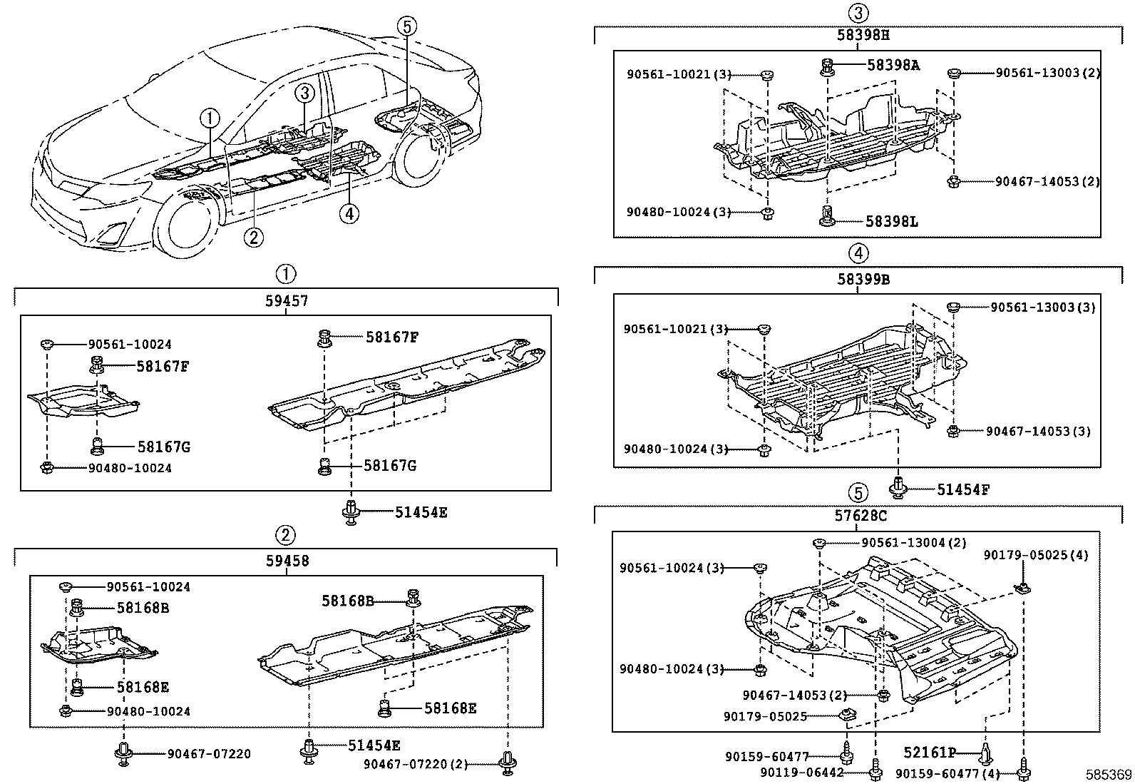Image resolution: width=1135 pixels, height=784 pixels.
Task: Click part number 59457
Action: coord(287,301)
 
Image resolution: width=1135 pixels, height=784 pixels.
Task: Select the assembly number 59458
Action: coord(287,561)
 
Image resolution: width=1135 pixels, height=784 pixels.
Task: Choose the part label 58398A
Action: coord(893,65)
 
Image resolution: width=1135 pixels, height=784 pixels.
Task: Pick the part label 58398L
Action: coord(892,222)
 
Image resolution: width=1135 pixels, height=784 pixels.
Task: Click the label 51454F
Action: coord(962,489)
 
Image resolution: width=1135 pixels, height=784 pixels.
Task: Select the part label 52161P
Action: coord(929,752)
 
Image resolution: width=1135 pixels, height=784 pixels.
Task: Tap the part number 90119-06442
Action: coord(801,773)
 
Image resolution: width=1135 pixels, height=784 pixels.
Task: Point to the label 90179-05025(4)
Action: coord(1036,555)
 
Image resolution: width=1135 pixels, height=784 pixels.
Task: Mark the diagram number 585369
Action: coord(1109,775)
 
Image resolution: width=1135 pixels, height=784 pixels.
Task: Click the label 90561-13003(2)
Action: coord(1047,73)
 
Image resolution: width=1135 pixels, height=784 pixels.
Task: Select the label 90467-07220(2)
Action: coord(415,764)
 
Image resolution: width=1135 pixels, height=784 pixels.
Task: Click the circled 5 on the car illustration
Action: coord(406,27)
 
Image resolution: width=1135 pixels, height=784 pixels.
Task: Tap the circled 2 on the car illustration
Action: coord(253,236)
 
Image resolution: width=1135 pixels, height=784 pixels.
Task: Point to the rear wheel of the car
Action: coord(427,161)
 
